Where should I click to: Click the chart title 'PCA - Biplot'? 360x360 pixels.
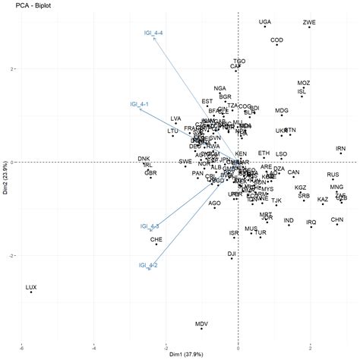click(22, 5)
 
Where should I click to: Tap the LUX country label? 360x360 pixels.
click(31, 287)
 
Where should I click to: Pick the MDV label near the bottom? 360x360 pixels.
click(201, 324)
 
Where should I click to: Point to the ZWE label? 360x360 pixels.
click(309, 22)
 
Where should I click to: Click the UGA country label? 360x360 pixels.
click(264, 22)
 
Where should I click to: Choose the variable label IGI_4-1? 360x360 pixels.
click(138, 103)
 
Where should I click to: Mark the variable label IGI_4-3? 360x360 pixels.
click(149, 226)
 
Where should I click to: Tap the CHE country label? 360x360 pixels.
click(156, 239)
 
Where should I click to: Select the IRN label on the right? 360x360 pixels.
click(340, 148)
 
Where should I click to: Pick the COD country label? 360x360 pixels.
click(277, 39)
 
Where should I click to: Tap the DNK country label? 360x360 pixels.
click(144, 158)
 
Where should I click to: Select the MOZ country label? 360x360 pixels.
click(304, 82)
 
